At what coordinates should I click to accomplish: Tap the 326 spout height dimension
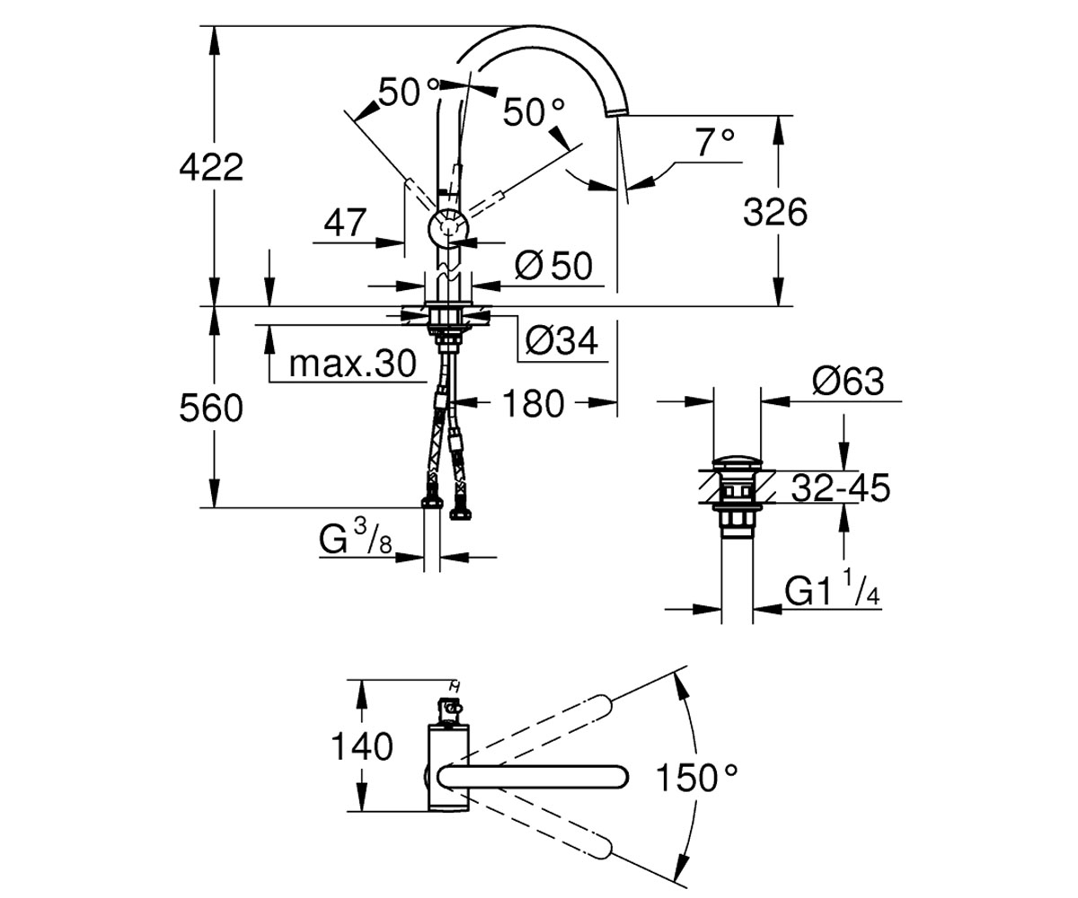pos(775,212)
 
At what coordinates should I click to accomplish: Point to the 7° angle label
pos(714,143)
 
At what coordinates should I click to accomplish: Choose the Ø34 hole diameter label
pos(561,340)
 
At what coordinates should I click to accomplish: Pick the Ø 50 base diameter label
pos(553,266)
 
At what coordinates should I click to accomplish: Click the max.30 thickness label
pos(352,364)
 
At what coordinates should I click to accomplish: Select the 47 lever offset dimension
pos(345,223)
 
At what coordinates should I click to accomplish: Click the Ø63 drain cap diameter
pos(847,381)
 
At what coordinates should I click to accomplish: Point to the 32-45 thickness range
pos(841,488)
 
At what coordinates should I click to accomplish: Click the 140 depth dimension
pos(361,746)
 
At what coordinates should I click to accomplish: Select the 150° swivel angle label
pos(696,779)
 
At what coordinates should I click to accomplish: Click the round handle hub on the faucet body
pos(447,228)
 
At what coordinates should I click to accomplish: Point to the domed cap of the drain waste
pos(737,462)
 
